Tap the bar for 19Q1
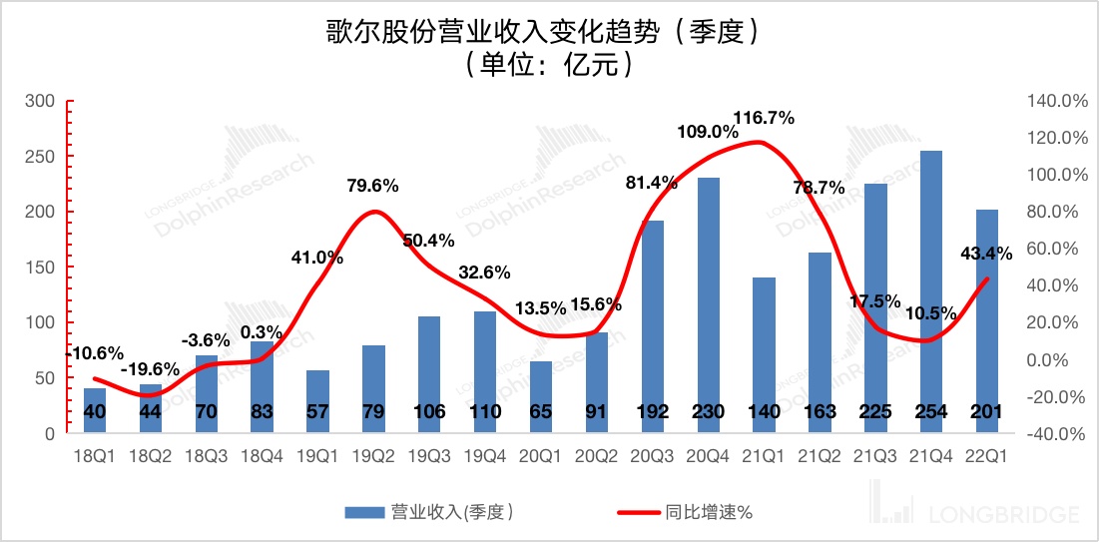pyautogui.click(x=317, y=394)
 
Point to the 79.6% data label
pyautogui.click(x=373, y=185)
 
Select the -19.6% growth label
pyautogui.click(x=151, y=369)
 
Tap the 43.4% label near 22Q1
pyautogui.click(x=987, y=253)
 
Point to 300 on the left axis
pyautogui.click(x=40, y=101)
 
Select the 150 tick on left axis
pyautogui.click(x=40, y=268)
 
